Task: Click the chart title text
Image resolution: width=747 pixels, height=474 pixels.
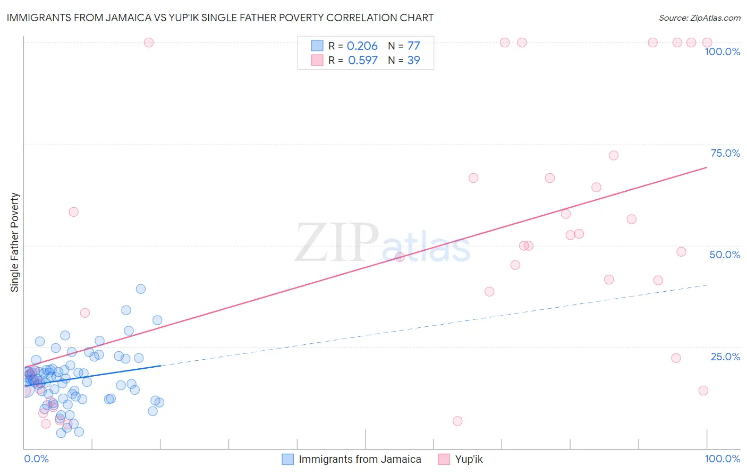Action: [x=220, y=18]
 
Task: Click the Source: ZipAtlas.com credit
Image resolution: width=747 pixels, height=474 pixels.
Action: [x=699, y=18]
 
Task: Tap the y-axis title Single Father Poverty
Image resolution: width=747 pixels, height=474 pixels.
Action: [x=15, y=242]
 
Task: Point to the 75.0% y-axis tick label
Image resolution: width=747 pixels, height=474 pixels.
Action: [x=725, y=153]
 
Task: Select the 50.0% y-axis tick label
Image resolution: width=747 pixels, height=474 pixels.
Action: [x=725, y=255]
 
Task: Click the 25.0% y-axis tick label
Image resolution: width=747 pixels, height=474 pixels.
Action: [x=725, y=357]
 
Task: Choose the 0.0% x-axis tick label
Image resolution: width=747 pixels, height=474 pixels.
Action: [x=36, y=459]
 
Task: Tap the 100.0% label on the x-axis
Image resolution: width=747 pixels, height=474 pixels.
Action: [x=722, y=459]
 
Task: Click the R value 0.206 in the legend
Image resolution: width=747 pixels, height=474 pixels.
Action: [x=362, y=46]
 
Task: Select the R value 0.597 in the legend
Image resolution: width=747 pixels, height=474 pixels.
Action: [x=362, y=61]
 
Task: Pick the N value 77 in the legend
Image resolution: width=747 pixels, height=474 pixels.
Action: [x=413, y=46]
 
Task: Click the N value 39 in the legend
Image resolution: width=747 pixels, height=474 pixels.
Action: [x=413, y=61]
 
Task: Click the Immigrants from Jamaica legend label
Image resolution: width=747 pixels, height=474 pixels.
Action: [x=360, y=459]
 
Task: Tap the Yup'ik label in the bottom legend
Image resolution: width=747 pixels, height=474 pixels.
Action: [x=469, y=459]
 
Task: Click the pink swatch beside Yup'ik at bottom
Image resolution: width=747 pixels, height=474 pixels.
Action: [x=444, y=459]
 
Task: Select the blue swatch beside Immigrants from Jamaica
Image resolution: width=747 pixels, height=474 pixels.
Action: [x=287, y=459]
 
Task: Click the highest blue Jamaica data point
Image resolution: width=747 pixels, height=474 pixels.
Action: [x=141, y=289]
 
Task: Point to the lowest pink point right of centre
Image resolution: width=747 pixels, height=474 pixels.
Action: [x=457, y=421]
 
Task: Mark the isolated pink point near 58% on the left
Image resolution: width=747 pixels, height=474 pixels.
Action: [x=74, y=212]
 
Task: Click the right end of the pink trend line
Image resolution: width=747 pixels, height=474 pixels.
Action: [x=707, y=167]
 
